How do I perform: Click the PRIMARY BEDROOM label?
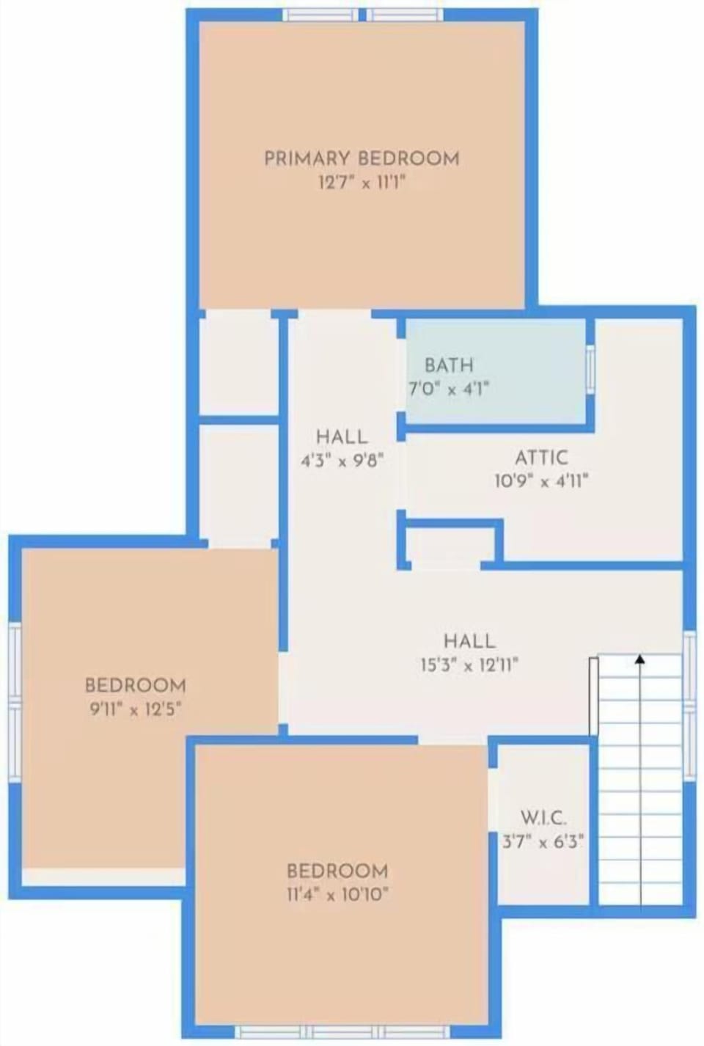pyautogui.click(x=362, y=158)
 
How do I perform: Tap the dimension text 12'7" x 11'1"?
pyautogui.click(x=362, y=183)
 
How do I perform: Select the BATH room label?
pyautogui.click(x=449, y=365)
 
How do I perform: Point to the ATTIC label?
pyautogui.click(x=541, y=458)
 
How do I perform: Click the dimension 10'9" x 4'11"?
pyautogui.click(x=541, y=482)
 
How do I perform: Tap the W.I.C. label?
pyautogui.click(x=543, y=817)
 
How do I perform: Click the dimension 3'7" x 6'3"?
pyautogui.click(x=543, y=841)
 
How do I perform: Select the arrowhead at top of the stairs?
pyautogui.click(x=640, y=659)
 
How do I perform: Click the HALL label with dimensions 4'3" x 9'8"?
pyautogui.click(x=342, y=436)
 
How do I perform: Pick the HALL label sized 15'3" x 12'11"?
pyautogui.click(x=469, y=640)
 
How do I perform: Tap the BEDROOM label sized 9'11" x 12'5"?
pyautogui.click(x=136, y=685)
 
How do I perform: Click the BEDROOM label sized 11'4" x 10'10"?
pyautogui.click(x=337, y=871)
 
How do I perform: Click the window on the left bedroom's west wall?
pyautogui.click(x=15, y=701)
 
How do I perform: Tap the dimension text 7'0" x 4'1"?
pyautogui.click(x=449, y=389)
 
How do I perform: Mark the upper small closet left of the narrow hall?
pyautogui.click(x=238, y=364)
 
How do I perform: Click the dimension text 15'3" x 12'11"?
pyautogui.click(x=469, y=665)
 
